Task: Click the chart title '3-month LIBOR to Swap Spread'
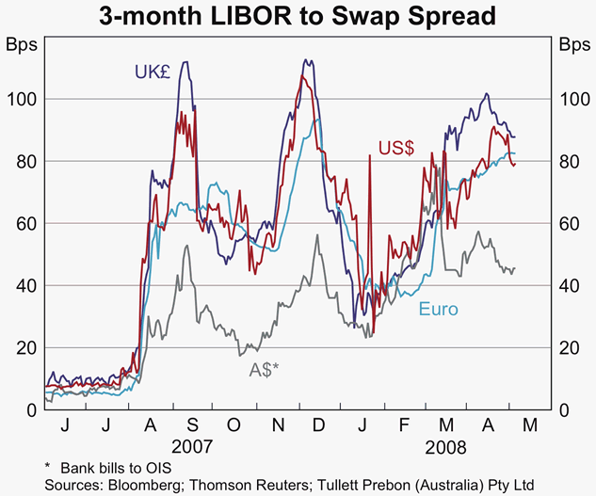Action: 298,17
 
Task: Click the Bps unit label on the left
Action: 24,44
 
